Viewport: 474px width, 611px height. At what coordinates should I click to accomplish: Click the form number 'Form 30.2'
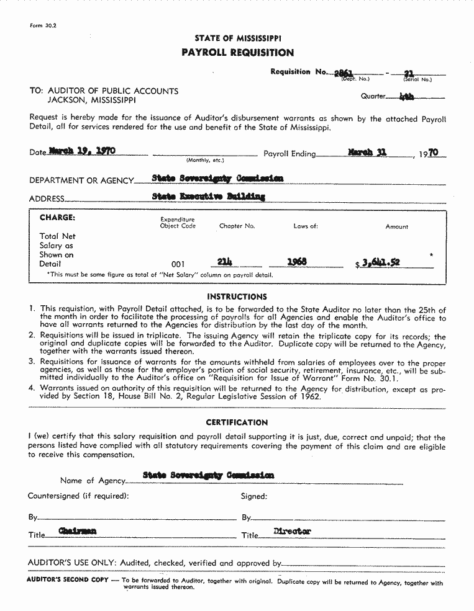(x=43, y=25)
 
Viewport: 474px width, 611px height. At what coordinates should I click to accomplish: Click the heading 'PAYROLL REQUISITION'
(x=237, y=53)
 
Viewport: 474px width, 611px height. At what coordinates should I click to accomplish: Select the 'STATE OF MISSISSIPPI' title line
(x=237, y=38)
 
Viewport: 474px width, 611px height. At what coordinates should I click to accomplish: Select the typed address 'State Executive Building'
(x=209, y=197)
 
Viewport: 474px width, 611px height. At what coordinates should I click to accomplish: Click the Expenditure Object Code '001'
(x=178, y=264)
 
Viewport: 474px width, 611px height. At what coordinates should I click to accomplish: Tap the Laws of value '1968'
(x=297, y=262)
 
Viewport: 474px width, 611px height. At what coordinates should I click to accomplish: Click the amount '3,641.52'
(x=380, y=263)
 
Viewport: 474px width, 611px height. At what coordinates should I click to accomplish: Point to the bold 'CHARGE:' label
(x=57, y=218)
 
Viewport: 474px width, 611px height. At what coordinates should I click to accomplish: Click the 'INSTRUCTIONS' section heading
(x=237, y=297)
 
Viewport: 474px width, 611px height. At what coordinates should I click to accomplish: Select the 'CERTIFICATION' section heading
(x=237, y=422)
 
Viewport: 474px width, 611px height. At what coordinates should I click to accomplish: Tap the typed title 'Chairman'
(x=77, y=531)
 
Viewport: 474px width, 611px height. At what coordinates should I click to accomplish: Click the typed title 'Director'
(x=292, y=531)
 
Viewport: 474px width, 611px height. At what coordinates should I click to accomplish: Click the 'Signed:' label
(x=254, y=496)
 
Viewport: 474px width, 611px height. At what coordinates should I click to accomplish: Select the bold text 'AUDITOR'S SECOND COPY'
(x=67, y=579)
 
